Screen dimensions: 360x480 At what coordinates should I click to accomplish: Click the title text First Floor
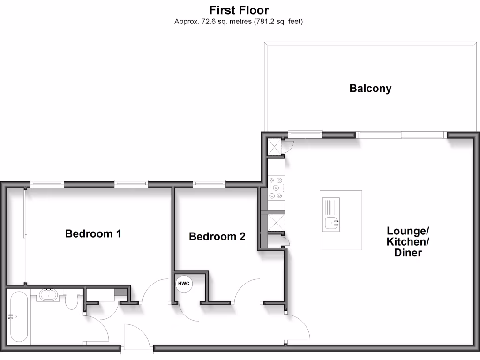tap(240, 10)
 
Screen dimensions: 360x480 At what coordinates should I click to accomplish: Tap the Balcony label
tap(370, 88)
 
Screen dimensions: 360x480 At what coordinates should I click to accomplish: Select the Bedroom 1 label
tap(93, 233)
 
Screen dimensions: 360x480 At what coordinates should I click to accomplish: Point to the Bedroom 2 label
tap(217, 237)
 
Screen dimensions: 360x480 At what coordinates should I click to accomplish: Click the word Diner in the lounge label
tap(408, 253)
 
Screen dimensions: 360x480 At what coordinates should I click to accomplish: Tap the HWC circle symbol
tap(184, 284)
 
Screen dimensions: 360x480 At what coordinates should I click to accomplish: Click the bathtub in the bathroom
tap(19, 317)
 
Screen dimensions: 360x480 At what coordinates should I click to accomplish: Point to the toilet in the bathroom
tap(72, 301)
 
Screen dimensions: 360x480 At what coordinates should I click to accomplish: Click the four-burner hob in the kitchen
tap(276, 187)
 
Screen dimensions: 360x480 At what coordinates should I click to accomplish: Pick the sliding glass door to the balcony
tap(401, 135)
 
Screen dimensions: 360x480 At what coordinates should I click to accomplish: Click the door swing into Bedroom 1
tap(156, 292)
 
